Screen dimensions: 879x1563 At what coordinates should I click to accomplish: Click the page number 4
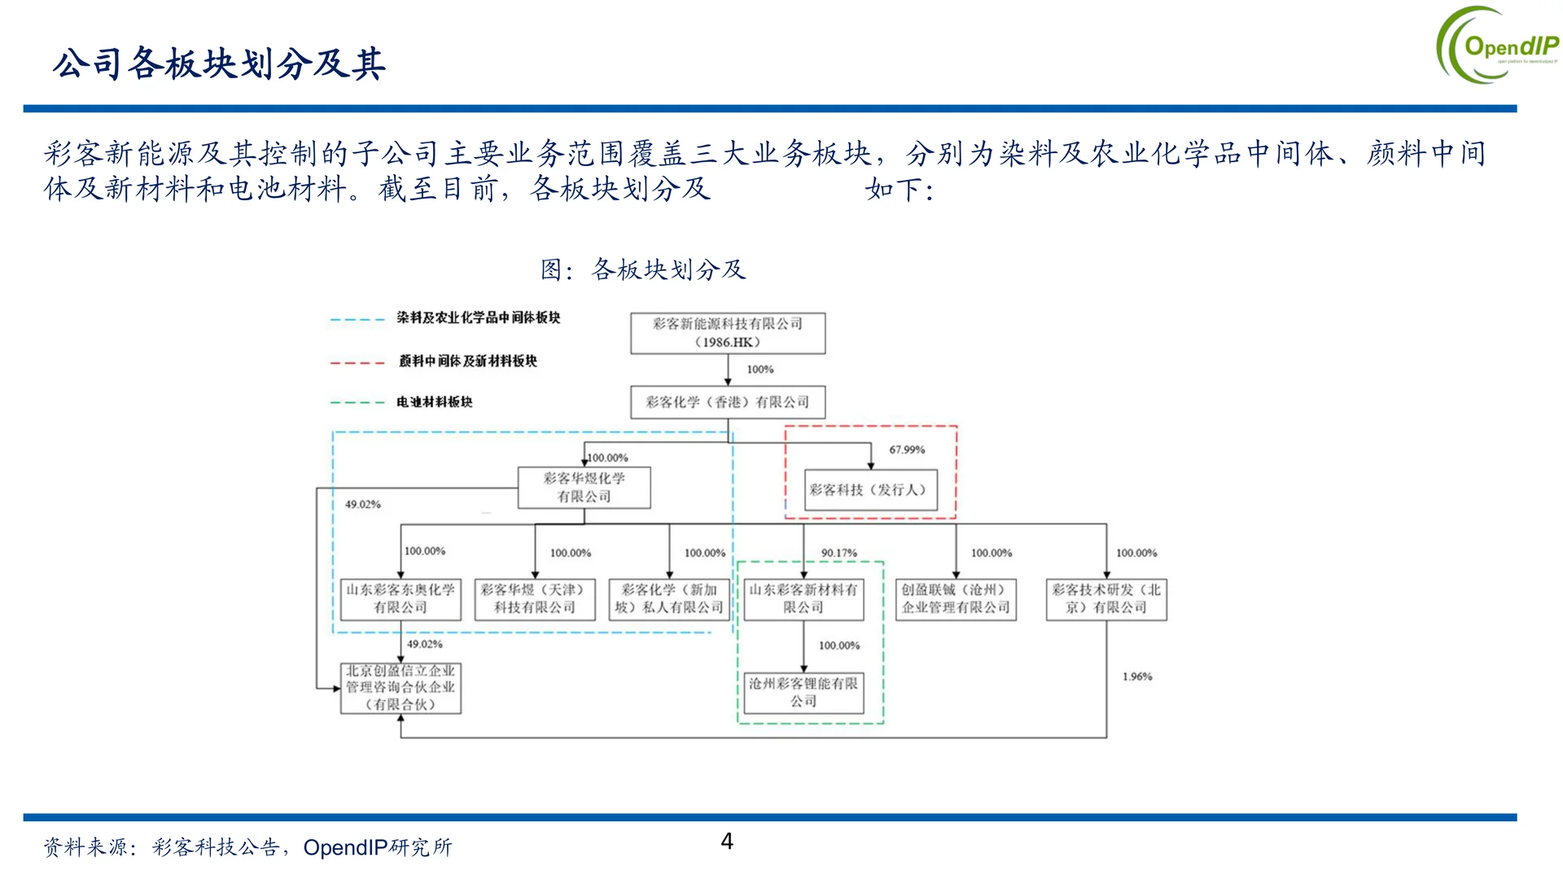[727, 841]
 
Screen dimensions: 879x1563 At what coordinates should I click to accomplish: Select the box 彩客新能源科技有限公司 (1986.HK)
[728, 333]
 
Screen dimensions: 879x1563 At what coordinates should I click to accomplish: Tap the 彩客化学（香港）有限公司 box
[728, 402]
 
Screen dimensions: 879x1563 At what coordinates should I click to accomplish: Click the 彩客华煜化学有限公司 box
[584, 488]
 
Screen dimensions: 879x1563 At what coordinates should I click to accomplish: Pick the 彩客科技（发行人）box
[870, 490]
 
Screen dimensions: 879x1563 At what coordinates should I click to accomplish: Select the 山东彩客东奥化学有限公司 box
[401, 599]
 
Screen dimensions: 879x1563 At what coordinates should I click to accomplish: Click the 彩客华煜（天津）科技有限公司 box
[535, 599]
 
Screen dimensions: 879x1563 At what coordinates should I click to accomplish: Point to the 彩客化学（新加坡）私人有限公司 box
[669, 599]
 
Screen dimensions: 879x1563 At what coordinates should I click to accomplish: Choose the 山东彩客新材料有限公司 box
[803, 599]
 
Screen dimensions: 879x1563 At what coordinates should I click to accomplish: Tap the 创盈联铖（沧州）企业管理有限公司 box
[956, 599]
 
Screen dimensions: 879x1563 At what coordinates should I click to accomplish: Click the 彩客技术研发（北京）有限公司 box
[1106, 599]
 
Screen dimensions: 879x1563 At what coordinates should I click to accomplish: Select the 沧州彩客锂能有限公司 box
[803, 693]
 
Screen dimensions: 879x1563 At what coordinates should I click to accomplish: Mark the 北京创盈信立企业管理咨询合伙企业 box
[401, 688]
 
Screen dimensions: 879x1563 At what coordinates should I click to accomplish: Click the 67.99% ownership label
[907, 450]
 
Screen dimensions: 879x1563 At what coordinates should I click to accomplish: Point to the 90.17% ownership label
[838, 553]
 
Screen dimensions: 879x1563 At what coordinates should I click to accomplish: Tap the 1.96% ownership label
[1137, 677]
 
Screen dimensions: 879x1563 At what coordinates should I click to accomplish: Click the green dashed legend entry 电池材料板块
[434, 402]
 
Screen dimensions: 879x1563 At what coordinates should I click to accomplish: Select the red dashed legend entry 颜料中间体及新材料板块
[467, 361]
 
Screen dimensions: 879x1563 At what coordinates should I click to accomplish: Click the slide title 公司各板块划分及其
[219, 64]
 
